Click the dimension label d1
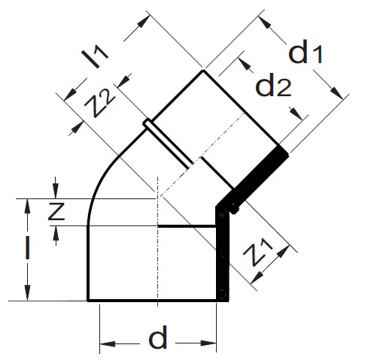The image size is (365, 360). (x=306, y=52)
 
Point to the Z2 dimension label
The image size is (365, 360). (x=100, y=103)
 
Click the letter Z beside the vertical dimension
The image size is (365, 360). (x=56, y=212)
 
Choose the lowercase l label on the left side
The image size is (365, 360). (x=28, y=248)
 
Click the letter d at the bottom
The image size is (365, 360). (x=158, y=337)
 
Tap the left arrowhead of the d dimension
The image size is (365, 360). (x=108, y=343)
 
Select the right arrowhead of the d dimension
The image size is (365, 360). (x=208, y=343)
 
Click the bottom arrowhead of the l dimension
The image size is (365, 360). (x=27, y=292)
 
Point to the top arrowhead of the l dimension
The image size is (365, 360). (x=27, y=207)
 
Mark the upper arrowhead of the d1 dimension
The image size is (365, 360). (x=265, y=23)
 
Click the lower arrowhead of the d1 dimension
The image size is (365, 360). (x=336, y=92)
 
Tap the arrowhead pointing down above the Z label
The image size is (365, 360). (x=56, y=191)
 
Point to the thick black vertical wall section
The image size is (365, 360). (x=223, y=253)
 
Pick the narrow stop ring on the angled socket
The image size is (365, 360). (x=168, y=144)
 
